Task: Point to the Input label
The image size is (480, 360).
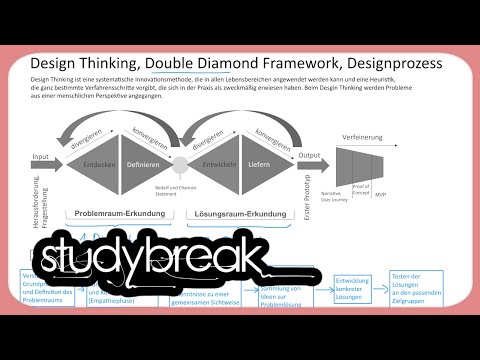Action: (41, 157)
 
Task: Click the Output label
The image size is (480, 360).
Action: (310, 156)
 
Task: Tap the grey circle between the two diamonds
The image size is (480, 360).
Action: (181, 160)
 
